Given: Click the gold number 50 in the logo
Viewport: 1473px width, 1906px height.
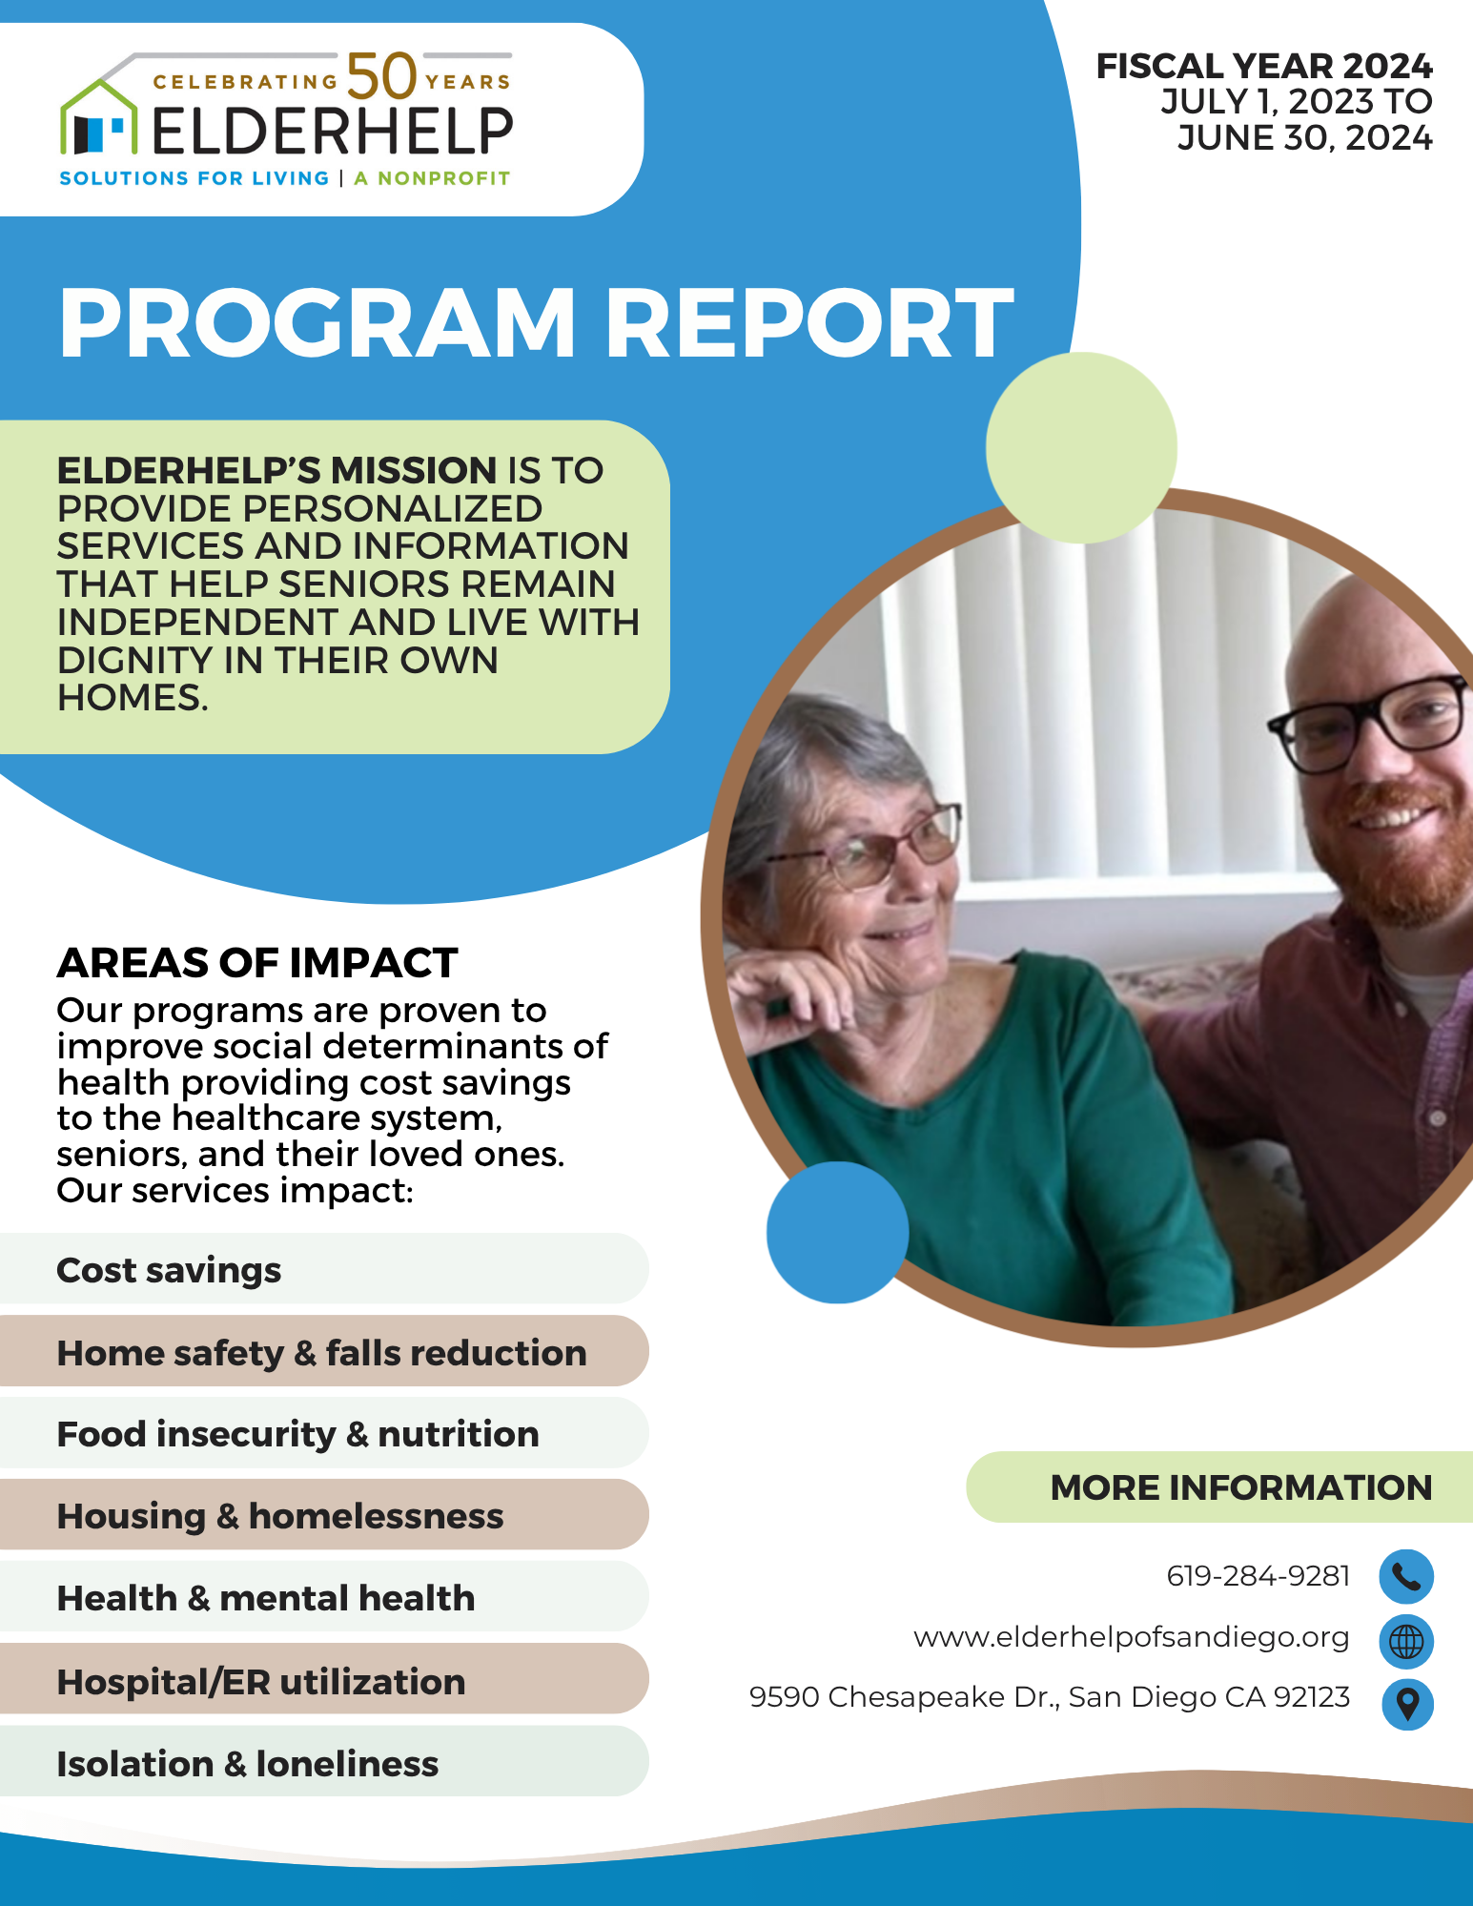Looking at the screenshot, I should click(x=381, y=76).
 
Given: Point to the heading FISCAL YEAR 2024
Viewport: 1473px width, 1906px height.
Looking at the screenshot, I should click(x=1263, y=66).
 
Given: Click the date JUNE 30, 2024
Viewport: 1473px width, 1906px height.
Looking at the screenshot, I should click(x=1303, y=138).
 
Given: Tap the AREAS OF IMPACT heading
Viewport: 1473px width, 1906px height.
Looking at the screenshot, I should click(x=257, y=963).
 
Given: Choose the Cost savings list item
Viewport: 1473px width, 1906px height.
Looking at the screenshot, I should click(x=170, y=1270).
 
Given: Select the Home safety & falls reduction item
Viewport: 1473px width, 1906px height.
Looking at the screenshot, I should click(x=321, y=1352).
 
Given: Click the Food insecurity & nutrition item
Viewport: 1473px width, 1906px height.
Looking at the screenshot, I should click(x=297, y=1434).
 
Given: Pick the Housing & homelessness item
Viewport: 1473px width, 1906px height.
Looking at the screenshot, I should click(x=279, y=1516).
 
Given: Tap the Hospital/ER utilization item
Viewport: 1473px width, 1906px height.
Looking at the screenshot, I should click(x=261, y=1682).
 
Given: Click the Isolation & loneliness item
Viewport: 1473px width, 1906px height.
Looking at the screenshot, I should click(x=248, y=1764).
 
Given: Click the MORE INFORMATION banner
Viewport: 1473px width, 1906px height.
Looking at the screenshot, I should click(x=1240, y=1487).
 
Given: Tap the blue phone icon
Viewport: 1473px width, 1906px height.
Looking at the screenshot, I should click(x=1406, y=1576).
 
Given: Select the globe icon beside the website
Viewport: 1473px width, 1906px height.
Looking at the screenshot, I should click(x=1406, y=1641).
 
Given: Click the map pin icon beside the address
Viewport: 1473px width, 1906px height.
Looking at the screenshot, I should click(x=1407, y=1704).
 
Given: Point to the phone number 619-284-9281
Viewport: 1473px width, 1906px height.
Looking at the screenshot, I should click(x=1258, y=1576).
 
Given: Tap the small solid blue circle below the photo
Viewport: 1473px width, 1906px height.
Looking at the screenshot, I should click(x=837, y=1232).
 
